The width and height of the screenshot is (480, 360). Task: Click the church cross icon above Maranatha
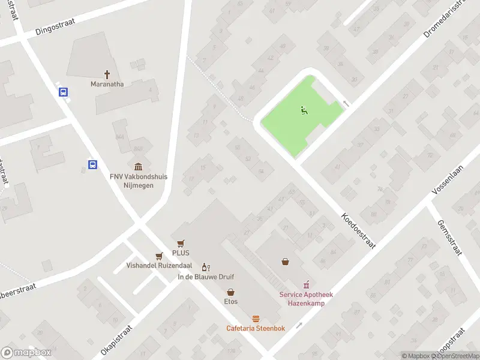107,74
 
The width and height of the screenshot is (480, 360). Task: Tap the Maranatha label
107,85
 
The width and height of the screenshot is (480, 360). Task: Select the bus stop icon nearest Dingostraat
63,92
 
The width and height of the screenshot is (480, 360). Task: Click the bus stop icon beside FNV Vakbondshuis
93,164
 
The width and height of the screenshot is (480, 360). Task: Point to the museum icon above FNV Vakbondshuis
139,166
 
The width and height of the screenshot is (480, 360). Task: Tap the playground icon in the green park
304,110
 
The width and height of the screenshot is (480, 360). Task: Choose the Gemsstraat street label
449,238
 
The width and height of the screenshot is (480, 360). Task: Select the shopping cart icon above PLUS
181,244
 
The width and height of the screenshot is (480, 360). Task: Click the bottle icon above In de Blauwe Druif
205,267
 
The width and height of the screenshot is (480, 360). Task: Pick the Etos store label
231,302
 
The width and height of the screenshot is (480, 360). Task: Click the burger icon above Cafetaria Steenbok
256,318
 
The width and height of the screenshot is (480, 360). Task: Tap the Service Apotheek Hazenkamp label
306,298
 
